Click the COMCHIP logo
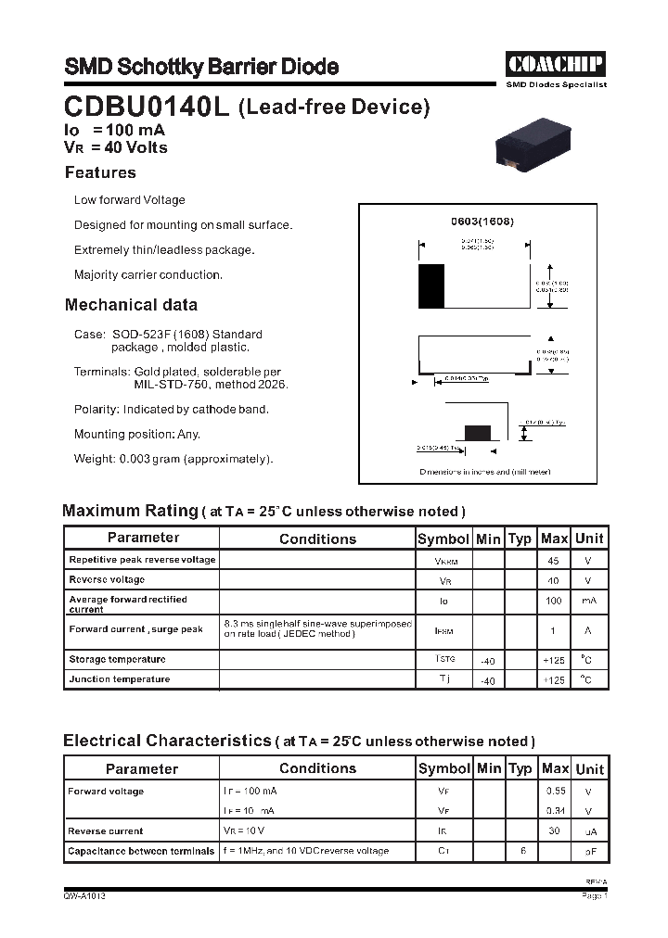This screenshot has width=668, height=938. [x=556, y=64]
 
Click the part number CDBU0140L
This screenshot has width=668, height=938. [x=147, y=108]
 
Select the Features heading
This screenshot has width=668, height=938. [x=100, y=172]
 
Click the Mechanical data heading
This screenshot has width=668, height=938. [x=131, y=305]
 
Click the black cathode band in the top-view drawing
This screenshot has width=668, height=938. [x=431, y=286]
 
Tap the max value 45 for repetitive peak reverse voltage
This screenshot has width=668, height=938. [x=554, y=561]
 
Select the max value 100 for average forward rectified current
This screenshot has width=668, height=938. [x=554, y=601]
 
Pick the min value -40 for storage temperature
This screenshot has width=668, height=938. [x=487, y=661]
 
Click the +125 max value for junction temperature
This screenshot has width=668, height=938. [x=554, y=680]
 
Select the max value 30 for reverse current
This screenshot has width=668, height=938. [x=554, y=831]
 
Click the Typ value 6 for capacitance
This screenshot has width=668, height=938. [x=520, y=851]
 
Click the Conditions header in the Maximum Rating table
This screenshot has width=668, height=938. [x=317, y=539]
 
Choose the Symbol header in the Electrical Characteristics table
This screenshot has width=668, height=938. [x=444, y=768]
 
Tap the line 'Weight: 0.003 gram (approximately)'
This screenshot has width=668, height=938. [x=173, y=459]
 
